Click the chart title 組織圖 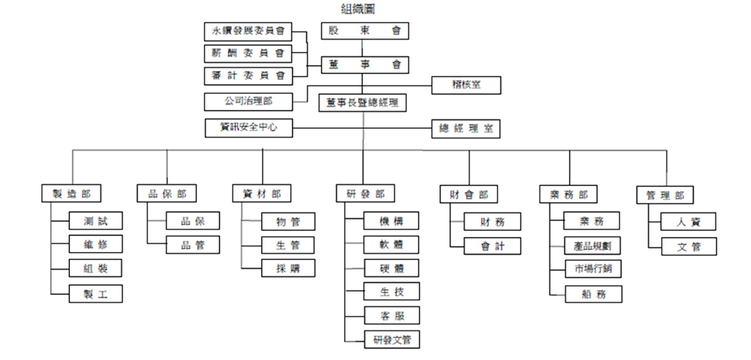coord(358,9)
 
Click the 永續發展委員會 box coord(249,31)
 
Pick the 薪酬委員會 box coord(249,53)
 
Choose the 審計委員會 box coord(249,76)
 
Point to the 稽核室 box coord(466,85)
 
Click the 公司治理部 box coord(249,101)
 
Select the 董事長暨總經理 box coord(362,102)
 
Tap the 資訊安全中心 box coord(249,128)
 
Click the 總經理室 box coord(466,129)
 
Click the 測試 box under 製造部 coord(96,221)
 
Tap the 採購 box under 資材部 coord(288,268)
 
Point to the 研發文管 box coord(392,340)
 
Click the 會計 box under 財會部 coord(493,246)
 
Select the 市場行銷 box coord(593,268)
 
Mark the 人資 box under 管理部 coord(689,221)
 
